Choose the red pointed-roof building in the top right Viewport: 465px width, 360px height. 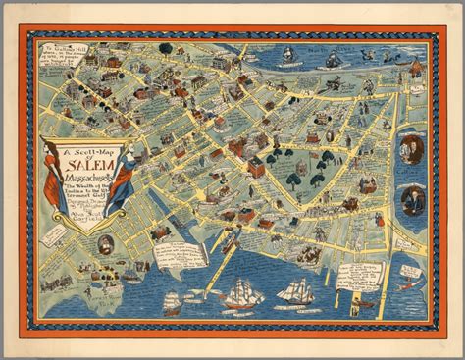(x=416, y=68)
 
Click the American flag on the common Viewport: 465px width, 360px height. (x=312, y=155)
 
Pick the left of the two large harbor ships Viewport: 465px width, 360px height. (x=240, y=293)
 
